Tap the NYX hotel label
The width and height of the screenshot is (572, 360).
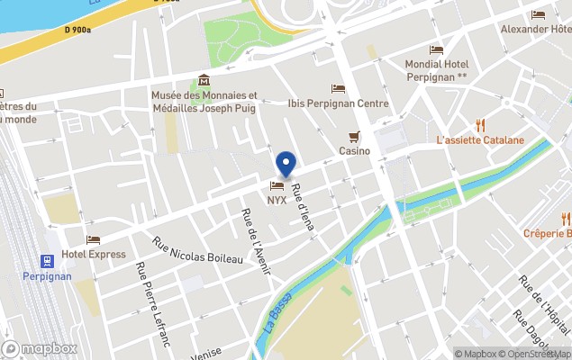[277, 200]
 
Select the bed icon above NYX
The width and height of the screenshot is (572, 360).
[277, 185]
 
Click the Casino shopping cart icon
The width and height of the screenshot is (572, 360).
[355, 137]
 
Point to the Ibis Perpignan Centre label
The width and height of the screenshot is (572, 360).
[338, 103]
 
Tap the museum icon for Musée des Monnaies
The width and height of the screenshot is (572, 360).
[204, 81]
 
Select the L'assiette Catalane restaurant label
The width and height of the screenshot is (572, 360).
[479, 140]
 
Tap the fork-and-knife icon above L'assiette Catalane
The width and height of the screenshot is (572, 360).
[480, 125]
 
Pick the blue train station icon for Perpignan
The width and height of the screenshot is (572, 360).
[46, 260]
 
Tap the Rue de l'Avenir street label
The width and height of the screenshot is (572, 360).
[255, 240]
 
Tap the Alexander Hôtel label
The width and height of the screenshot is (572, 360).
[537, 29]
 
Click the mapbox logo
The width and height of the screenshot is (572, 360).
[40, 348]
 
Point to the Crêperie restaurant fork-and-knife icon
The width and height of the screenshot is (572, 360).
[566, 218]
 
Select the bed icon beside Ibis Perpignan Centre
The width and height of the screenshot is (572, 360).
[338, 88]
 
